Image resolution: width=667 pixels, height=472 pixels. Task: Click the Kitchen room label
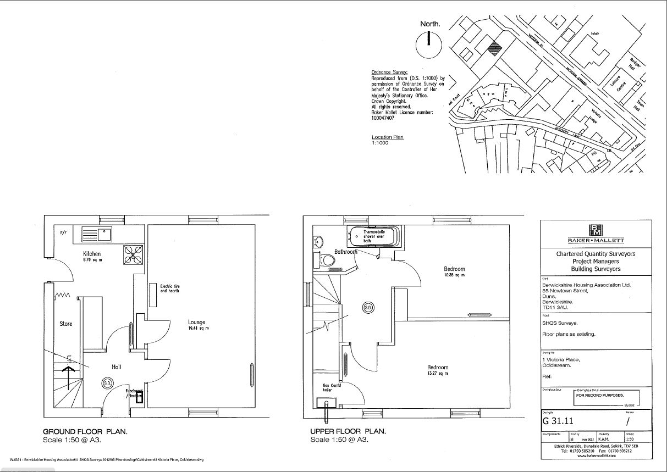[x=92, y=254]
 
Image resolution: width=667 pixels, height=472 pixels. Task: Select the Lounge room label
[x=196, y=323]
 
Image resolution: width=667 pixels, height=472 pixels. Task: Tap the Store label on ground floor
[x=66, y=324]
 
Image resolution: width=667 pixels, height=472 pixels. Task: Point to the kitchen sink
[x=96, y=235]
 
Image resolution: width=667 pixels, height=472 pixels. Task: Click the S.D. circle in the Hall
[x=107, y=384]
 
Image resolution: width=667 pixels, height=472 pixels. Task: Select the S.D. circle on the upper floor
[x=367, y=308]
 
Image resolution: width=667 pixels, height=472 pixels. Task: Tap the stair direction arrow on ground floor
[x=69, y=376]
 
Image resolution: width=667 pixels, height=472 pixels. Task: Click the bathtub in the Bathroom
[x=374, y=236]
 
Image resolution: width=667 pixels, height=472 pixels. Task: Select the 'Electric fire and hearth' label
[x=170, y=288]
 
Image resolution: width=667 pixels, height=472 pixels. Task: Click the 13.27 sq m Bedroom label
[x=438, y=370]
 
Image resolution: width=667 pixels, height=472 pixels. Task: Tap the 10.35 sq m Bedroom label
[x=454, y=271]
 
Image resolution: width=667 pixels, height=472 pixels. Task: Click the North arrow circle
[x=430, y=45]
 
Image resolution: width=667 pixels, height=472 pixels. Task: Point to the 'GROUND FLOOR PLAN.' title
[x=85, y=431]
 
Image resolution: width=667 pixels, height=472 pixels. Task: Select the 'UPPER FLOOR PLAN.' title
[x=348, y=431]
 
